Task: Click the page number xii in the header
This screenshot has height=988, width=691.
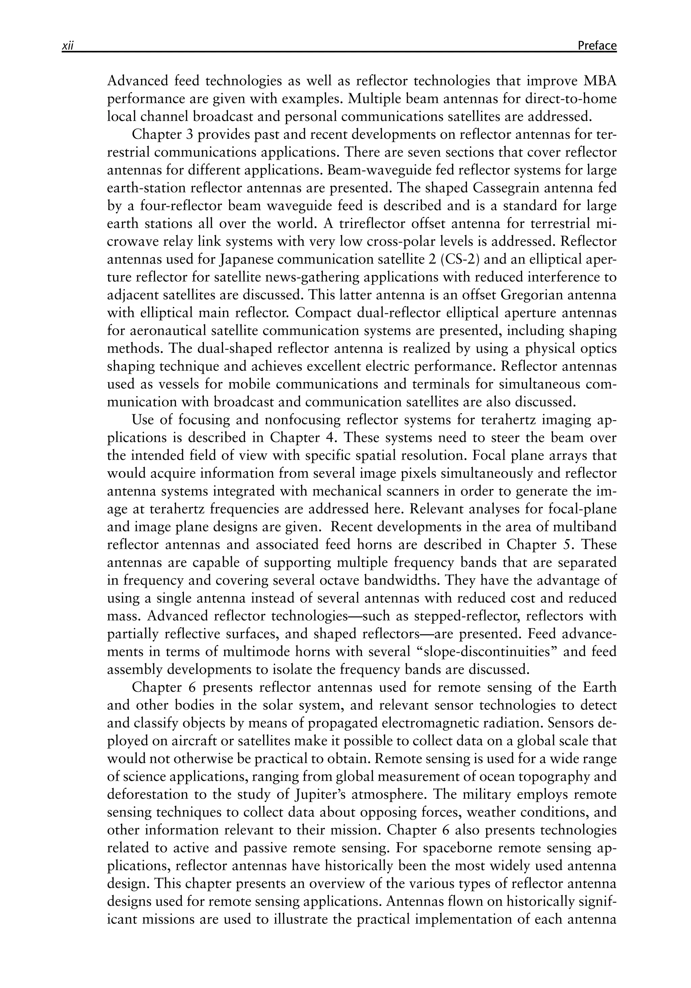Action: pos(68,46)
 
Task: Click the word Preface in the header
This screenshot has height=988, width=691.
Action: pos(597,46)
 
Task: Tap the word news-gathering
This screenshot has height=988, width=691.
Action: pos(310,278)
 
